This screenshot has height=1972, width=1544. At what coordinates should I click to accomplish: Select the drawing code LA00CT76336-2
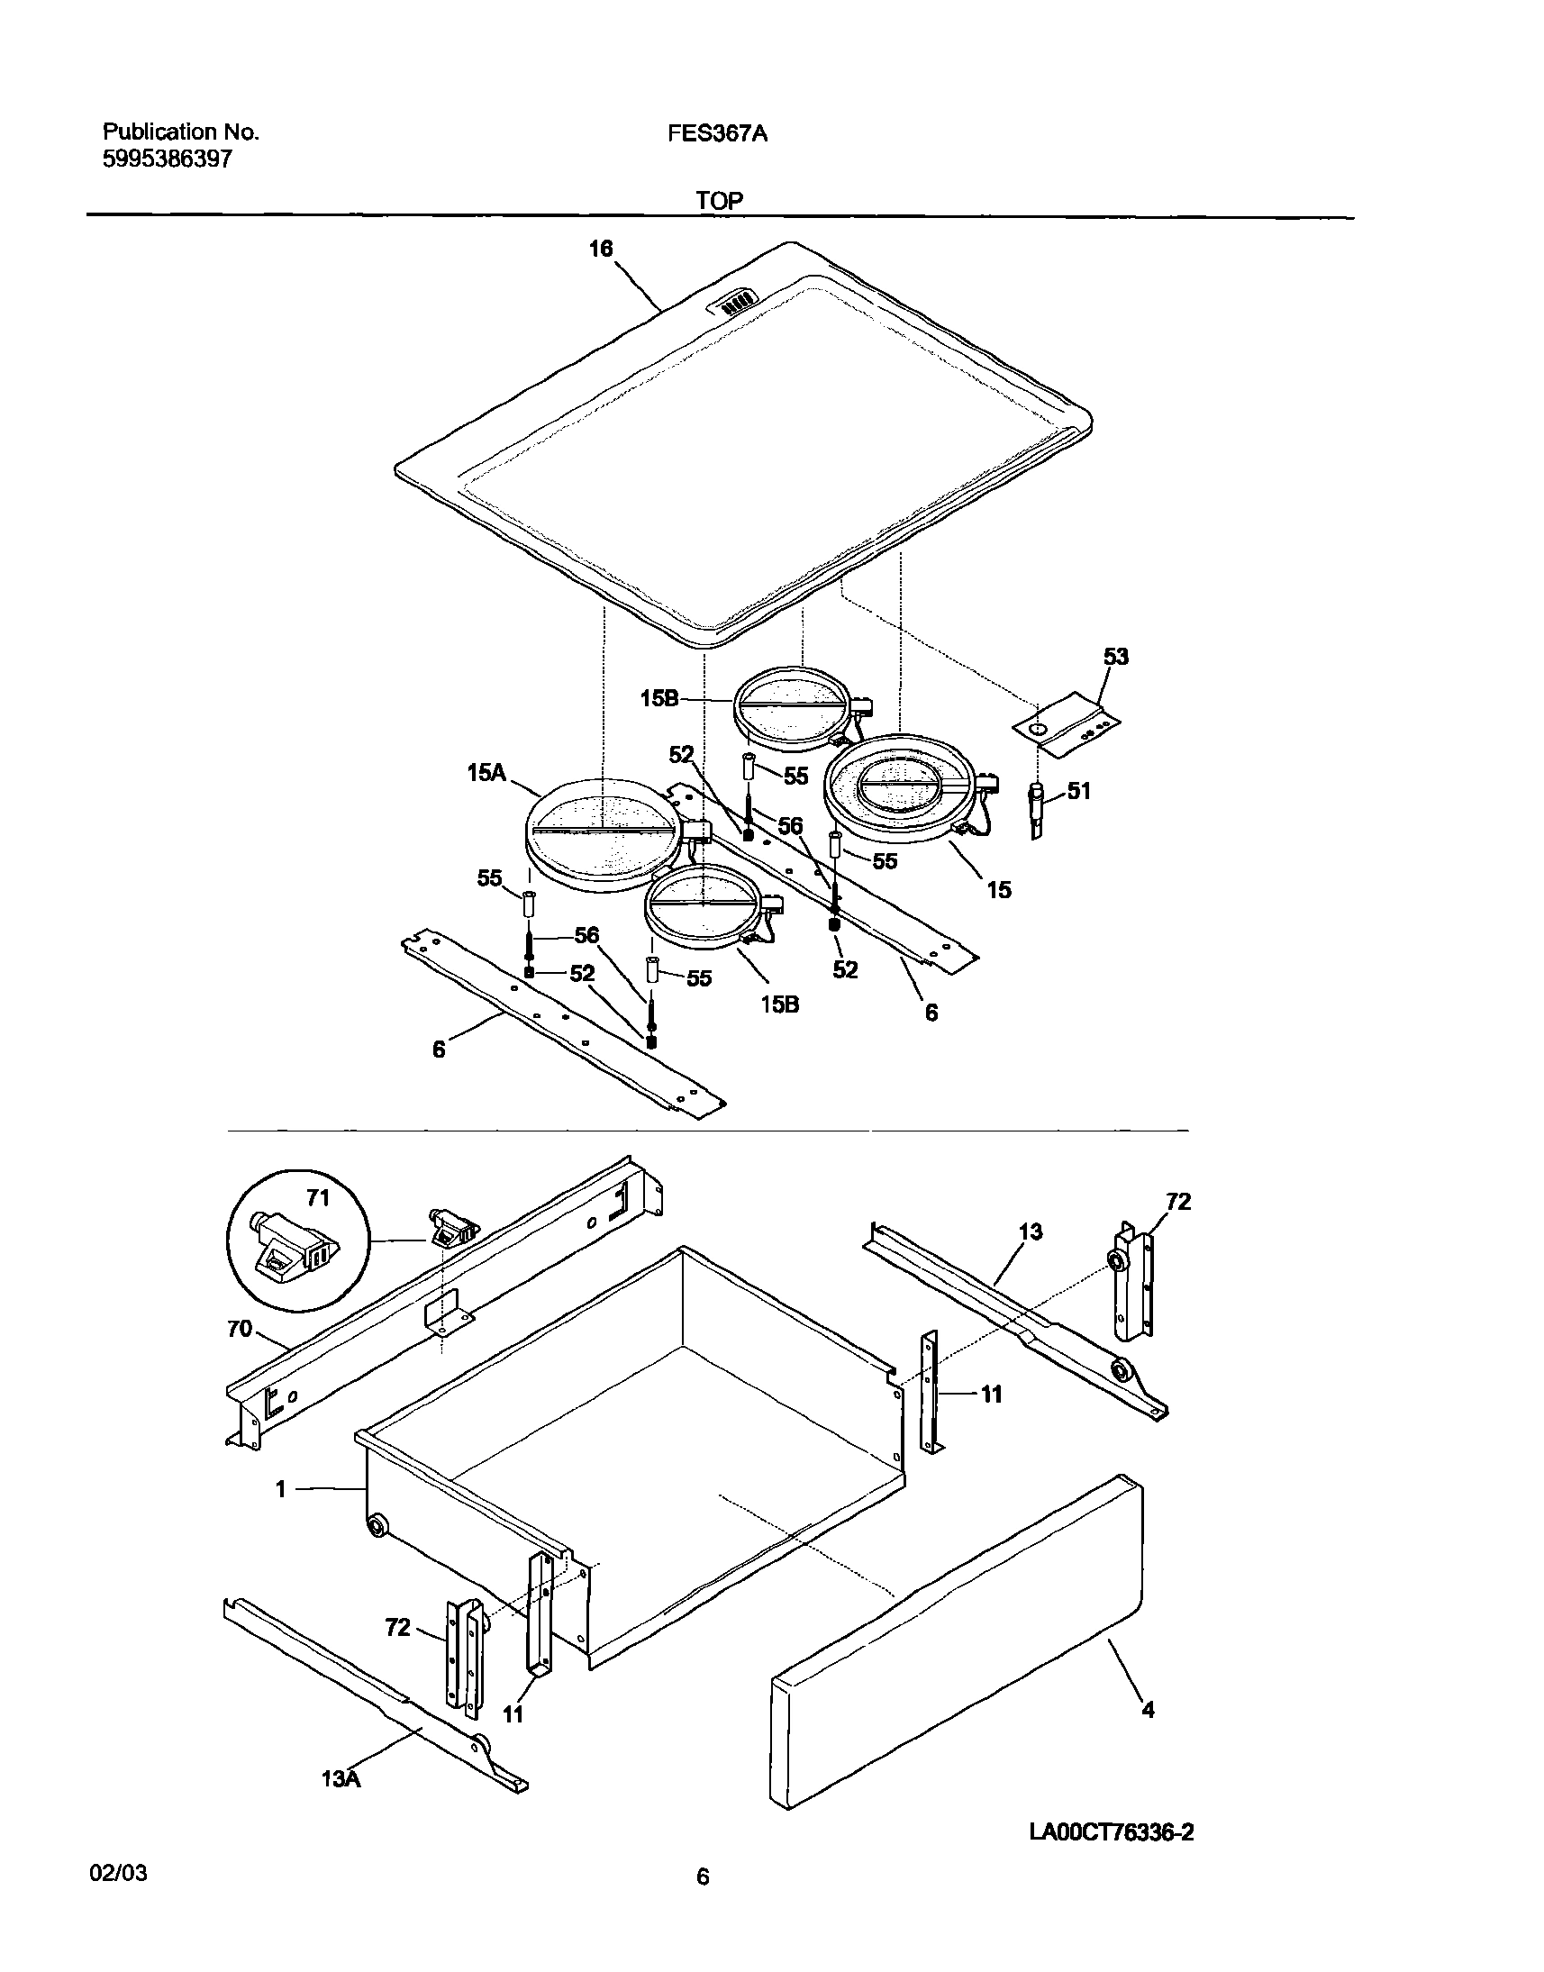tap(1112, 1832)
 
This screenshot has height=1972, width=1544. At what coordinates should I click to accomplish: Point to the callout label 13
tap(1031, 1231)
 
